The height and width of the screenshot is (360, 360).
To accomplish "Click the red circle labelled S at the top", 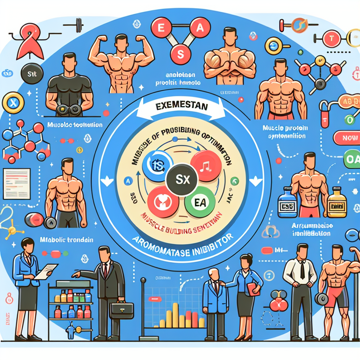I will click(x=180, y=56).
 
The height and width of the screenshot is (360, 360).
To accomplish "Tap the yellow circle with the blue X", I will click(x=13, y=103).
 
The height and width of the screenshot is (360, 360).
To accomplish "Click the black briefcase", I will click(x=122, y=311).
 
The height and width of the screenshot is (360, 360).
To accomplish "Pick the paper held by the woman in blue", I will click(x=45, y=271).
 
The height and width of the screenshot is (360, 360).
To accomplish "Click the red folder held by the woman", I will click(x=254, y=288).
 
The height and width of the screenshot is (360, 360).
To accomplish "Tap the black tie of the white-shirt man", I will click(x=302, y=270).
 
